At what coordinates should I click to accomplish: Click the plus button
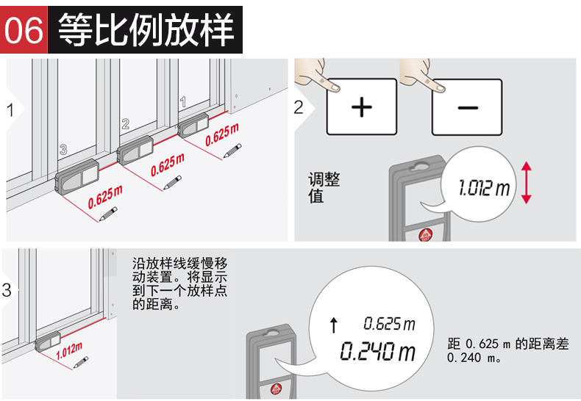[362, 107]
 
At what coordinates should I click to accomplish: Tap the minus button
[467, 107]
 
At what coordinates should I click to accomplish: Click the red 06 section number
[24, 30]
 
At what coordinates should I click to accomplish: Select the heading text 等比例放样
[146, 29]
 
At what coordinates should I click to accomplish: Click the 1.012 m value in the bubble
[484, 187]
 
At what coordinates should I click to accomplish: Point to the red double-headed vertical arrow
[526, 183]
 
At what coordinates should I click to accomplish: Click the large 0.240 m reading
[377, 351]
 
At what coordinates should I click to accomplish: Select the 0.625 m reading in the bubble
[389, 324]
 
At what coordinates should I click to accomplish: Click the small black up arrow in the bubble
[334, 325]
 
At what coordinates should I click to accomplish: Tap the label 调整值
[324, 187]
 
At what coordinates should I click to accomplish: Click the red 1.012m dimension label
[69, 350]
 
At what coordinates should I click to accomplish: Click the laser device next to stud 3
[76, 177]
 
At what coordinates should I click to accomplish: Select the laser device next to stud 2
[135, 150]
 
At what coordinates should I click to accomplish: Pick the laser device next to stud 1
[193, 126]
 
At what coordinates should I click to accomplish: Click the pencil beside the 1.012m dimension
[81, 362]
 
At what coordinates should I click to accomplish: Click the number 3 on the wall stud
[63, 149]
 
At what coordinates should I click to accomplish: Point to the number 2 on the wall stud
[126, 123]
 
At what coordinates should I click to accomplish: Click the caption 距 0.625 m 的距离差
[507, 344]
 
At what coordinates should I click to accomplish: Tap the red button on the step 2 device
[425, 235]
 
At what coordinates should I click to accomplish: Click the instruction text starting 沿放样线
[179, 283]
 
